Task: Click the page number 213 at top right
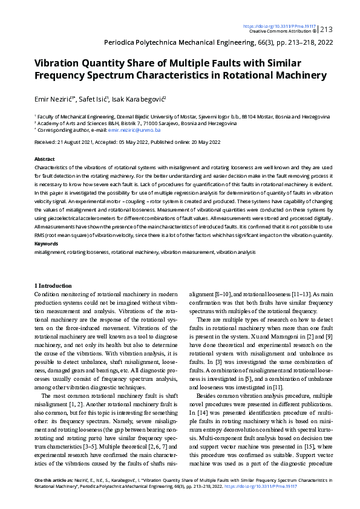326,29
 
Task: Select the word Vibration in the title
58,63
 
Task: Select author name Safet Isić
93,99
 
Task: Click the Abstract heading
44,157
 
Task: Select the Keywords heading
46,244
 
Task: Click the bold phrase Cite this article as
52,479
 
